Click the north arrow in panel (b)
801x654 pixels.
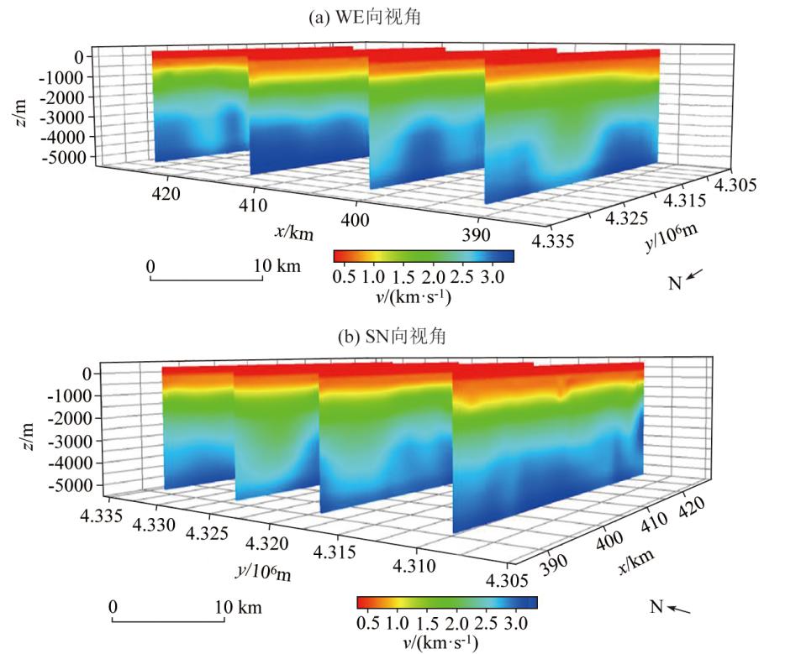(x=682, y=609)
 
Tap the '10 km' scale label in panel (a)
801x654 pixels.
(x=277, y=266)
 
